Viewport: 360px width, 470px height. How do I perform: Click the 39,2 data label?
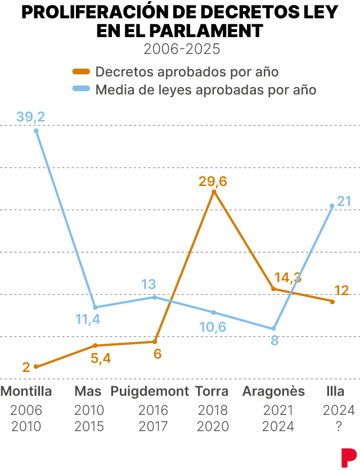[x=31, y=117]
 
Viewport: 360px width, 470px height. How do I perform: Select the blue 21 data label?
[x=344, y=201]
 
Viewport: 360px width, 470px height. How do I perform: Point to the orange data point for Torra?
[x=214, y=192]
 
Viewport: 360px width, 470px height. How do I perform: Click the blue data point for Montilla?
[x=36, y=131]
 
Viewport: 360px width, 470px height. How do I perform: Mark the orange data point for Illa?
[x=332, y=302]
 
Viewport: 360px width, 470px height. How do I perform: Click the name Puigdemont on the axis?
[x=150, y=391]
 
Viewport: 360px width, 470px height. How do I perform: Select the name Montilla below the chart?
[x=26, y=391]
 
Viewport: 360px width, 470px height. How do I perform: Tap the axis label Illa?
[x=335, y=391]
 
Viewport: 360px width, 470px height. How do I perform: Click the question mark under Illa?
[x=339, y=427]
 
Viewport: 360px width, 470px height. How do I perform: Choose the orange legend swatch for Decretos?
[x=82, y=71]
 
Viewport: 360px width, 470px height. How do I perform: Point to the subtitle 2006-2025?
[x=180, y=49]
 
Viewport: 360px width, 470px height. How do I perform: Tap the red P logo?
[x=348, y=455]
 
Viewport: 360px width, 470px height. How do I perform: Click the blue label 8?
[x=274, y=340]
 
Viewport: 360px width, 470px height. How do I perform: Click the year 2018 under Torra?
[x=213, y=410]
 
